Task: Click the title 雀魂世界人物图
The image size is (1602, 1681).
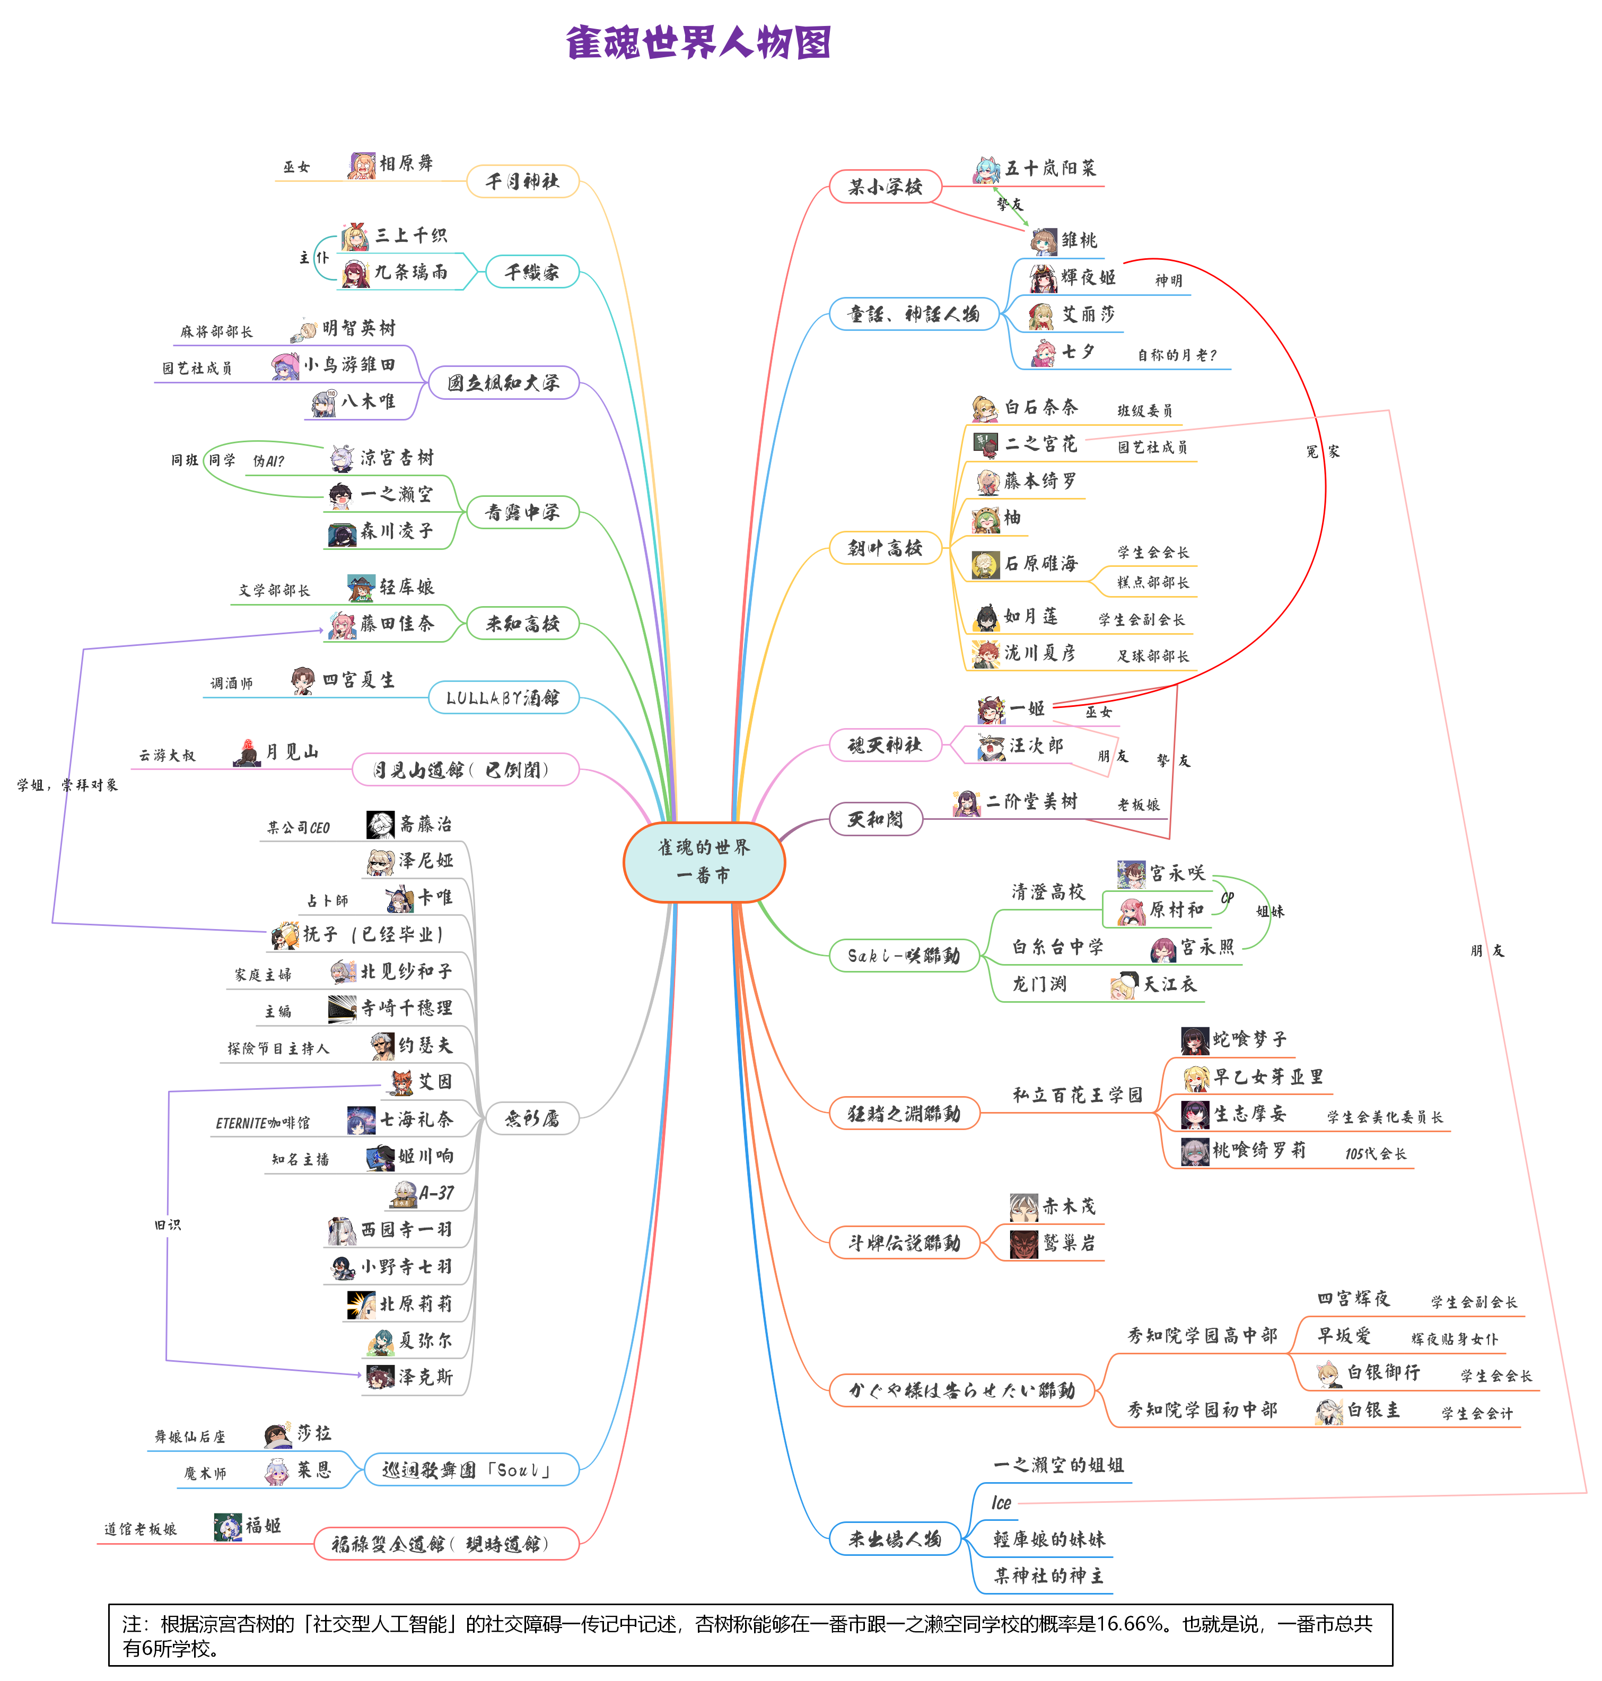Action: point(698,42)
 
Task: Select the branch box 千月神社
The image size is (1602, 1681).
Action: point(523,181)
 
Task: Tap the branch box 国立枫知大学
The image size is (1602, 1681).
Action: point(503,382)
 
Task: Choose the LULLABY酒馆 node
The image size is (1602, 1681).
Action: point(503,697)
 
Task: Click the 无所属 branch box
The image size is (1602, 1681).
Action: point(531,1117)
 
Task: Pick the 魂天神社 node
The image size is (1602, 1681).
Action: point(885,745)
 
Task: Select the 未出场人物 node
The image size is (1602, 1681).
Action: point(894,1538)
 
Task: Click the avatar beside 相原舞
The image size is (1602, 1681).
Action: point(362,165)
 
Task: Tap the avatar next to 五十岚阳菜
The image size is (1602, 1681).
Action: point(987,170)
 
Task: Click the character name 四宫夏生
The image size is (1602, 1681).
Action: point(358,680)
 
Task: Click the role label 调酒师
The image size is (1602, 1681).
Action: point(231,683)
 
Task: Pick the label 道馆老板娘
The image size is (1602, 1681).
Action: point(140,1529)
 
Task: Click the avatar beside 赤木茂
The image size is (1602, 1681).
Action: point(1024,1207)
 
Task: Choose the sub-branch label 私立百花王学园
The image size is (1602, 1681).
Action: point(1077,1095)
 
